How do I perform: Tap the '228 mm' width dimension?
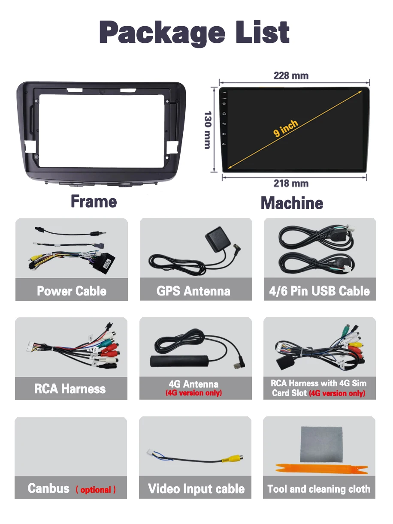coord(291,76)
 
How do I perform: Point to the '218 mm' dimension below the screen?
coord(291,184)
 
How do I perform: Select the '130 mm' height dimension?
coord(207,130)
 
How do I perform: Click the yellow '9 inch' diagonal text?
coord(285,128)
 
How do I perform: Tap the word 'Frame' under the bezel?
coord(94,202)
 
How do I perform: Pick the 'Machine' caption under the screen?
coord(292,203)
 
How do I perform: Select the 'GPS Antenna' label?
coord(193,291)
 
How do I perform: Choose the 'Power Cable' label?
coord(72,291)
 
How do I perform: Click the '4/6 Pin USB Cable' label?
coord(319,291)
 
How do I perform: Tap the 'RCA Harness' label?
coord(70,389)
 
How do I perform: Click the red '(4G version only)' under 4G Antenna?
coord(194,393)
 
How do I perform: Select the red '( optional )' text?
coord(96,490)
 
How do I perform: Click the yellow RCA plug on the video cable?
coord(233,460)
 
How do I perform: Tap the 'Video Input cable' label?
coord(196,489)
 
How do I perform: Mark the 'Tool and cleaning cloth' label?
coord(319,489)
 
